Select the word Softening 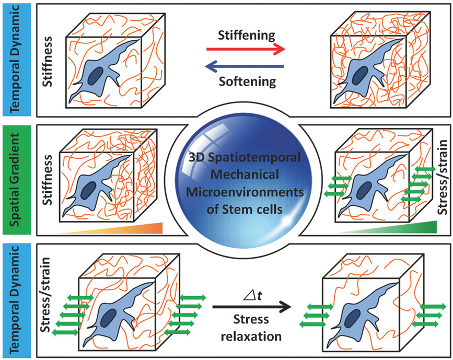click(245, 81)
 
